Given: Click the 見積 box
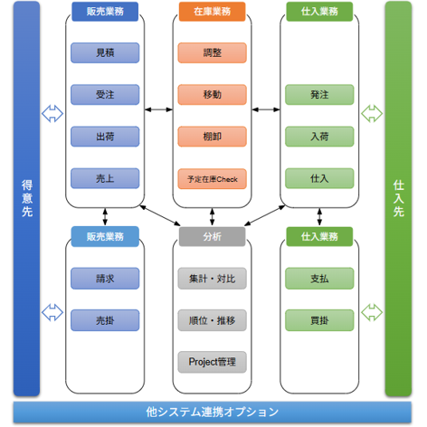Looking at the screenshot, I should (105, 52).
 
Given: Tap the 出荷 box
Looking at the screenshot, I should (105, 136).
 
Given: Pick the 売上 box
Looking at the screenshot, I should (105, 177).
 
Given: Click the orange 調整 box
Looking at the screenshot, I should (212, 52).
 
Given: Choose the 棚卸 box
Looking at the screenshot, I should (212, 136).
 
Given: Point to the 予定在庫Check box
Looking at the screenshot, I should (212, 177).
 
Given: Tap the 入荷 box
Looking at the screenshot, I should (319, 136).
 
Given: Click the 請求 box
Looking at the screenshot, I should (105, 278).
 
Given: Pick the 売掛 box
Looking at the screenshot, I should (105, 319).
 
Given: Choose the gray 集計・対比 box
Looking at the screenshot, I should (212, 278).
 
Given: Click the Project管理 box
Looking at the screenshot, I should (212, 361).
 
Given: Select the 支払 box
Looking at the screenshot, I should (319, 278).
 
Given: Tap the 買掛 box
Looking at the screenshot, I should (319, 319).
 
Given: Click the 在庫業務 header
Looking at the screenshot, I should (212, 12).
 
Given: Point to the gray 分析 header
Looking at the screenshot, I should (212, 236).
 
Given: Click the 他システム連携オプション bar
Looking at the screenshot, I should (213, 412).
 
